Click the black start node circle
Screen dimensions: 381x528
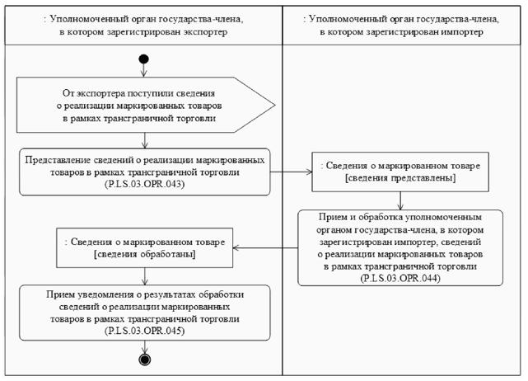coord(144,59)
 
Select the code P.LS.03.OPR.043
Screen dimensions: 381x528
coord(145,185)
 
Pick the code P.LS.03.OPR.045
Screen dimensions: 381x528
coord(145,330)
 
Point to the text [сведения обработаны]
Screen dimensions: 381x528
coord(144,255)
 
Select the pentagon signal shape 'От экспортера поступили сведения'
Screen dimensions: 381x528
coord(145,106)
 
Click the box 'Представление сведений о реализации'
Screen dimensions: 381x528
coord(145,172)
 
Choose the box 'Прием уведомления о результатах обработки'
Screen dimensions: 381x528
coord(145,313)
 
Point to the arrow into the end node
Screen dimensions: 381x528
coord(145,346)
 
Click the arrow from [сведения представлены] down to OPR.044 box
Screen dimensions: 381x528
coord(400,199)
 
